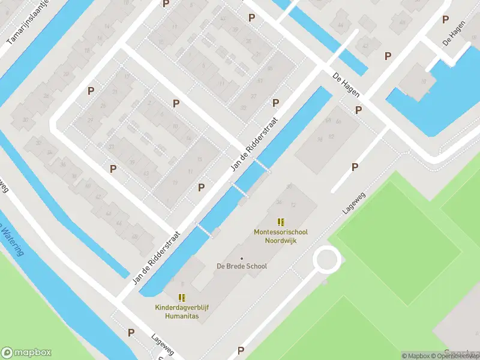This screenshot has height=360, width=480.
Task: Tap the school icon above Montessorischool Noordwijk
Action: click(281, 222)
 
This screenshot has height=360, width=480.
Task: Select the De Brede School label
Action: click(242, 266)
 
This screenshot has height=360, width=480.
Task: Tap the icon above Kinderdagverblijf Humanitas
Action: click(182, 298)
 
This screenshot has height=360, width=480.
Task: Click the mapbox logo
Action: click(26, 353)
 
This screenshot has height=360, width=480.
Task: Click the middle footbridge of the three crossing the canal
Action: click(239, 189)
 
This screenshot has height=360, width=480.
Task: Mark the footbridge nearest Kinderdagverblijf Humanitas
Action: click(204, 230)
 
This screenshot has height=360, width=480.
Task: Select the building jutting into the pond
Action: click(421, 81)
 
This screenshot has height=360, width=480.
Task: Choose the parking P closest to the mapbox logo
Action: click(131, 332)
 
